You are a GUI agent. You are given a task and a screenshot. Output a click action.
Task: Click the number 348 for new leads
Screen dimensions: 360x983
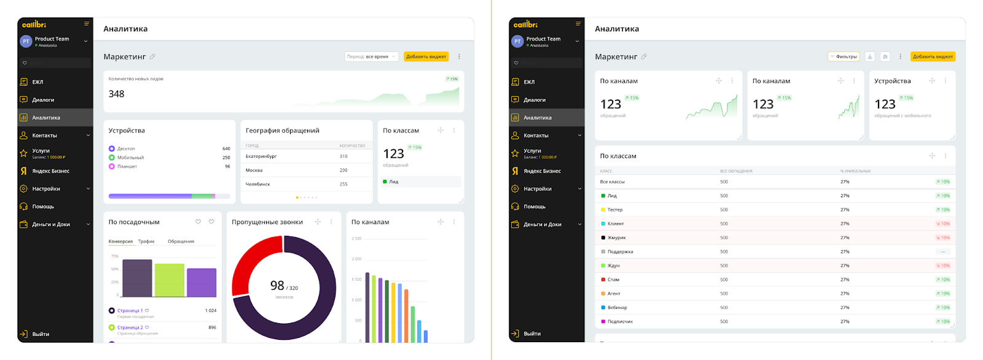(x=117, y=94)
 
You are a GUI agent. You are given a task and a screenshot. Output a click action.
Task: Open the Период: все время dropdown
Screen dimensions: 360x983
(x=371, y=57)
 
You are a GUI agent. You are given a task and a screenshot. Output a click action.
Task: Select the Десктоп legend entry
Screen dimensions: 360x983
(x=126, y=149)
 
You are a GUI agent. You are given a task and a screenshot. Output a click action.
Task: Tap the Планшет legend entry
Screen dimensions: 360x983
(x=127, y=166)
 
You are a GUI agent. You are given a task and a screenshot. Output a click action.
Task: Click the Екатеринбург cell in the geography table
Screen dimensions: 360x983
(x=261, y=157)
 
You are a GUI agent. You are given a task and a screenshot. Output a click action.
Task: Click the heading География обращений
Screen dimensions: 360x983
(x=282, y=131)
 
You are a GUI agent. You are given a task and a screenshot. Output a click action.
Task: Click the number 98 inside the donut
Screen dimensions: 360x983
(x=277, y=286)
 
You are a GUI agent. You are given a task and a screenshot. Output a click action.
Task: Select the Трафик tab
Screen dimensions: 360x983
(x=146, y=241)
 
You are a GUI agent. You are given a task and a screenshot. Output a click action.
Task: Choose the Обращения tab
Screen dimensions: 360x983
(x=181, y=241)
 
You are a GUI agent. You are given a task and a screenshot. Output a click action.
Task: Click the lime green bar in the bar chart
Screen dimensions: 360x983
(x=170, y=280)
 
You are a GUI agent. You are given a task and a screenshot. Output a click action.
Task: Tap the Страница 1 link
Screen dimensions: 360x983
(x=130, y=311)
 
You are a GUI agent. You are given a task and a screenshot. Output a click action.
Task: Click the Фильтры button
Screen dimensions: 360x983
(x=844, y=57)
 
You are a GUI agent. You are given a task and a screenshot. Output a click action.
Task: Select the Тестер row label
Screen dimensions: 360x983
(x=614, y=210)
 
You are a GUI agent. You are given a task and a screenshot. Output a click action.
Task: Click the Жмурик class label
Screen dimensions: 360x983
(x=616, y=238)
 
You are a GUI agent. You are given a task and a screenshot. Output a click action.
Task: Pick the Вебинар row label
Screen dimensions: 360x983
(x=617, y=308)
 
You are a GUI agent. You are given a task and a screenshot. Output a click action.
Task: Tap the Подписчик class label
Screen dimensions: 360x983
(x=619, y=322)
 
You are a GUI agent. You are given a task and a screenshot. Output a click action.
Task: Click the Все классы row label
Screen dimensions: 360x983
(x=612, y=182)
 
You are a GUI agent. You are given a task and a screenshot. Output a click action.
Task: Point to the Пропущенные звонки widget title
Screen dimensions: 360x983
(x=267, y=222)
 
